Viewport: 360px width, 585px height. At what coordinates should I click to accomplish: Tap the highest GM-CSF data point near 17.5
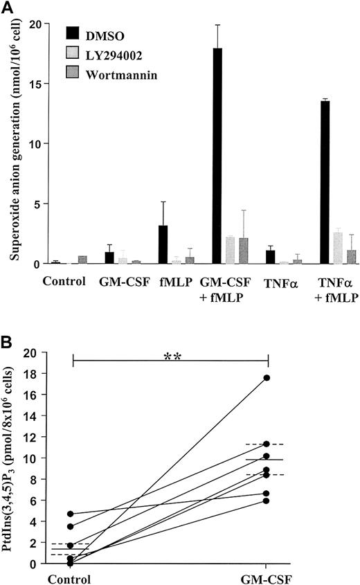click(x=267, y=378)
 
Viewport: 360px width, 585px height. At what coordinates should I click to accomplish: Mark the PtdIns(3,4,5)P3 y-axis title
click(x=15, y=458)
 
